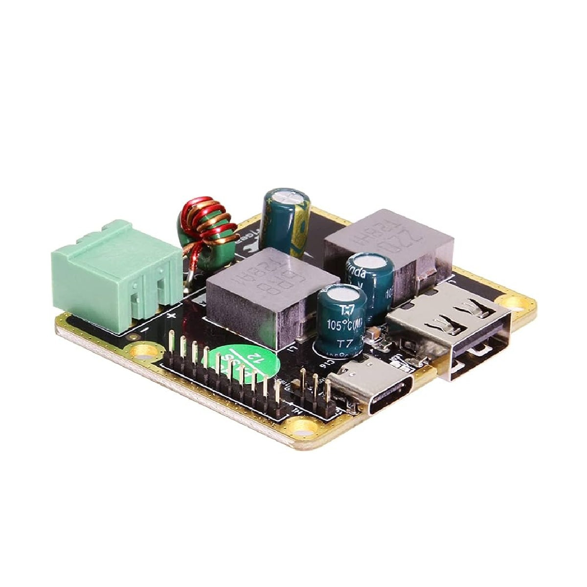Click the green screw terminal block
point(115,269)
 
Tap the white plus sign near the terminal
point(171,317)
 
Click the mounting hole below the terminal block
point(142,350)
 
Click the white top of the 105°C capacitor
point(340,295)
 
